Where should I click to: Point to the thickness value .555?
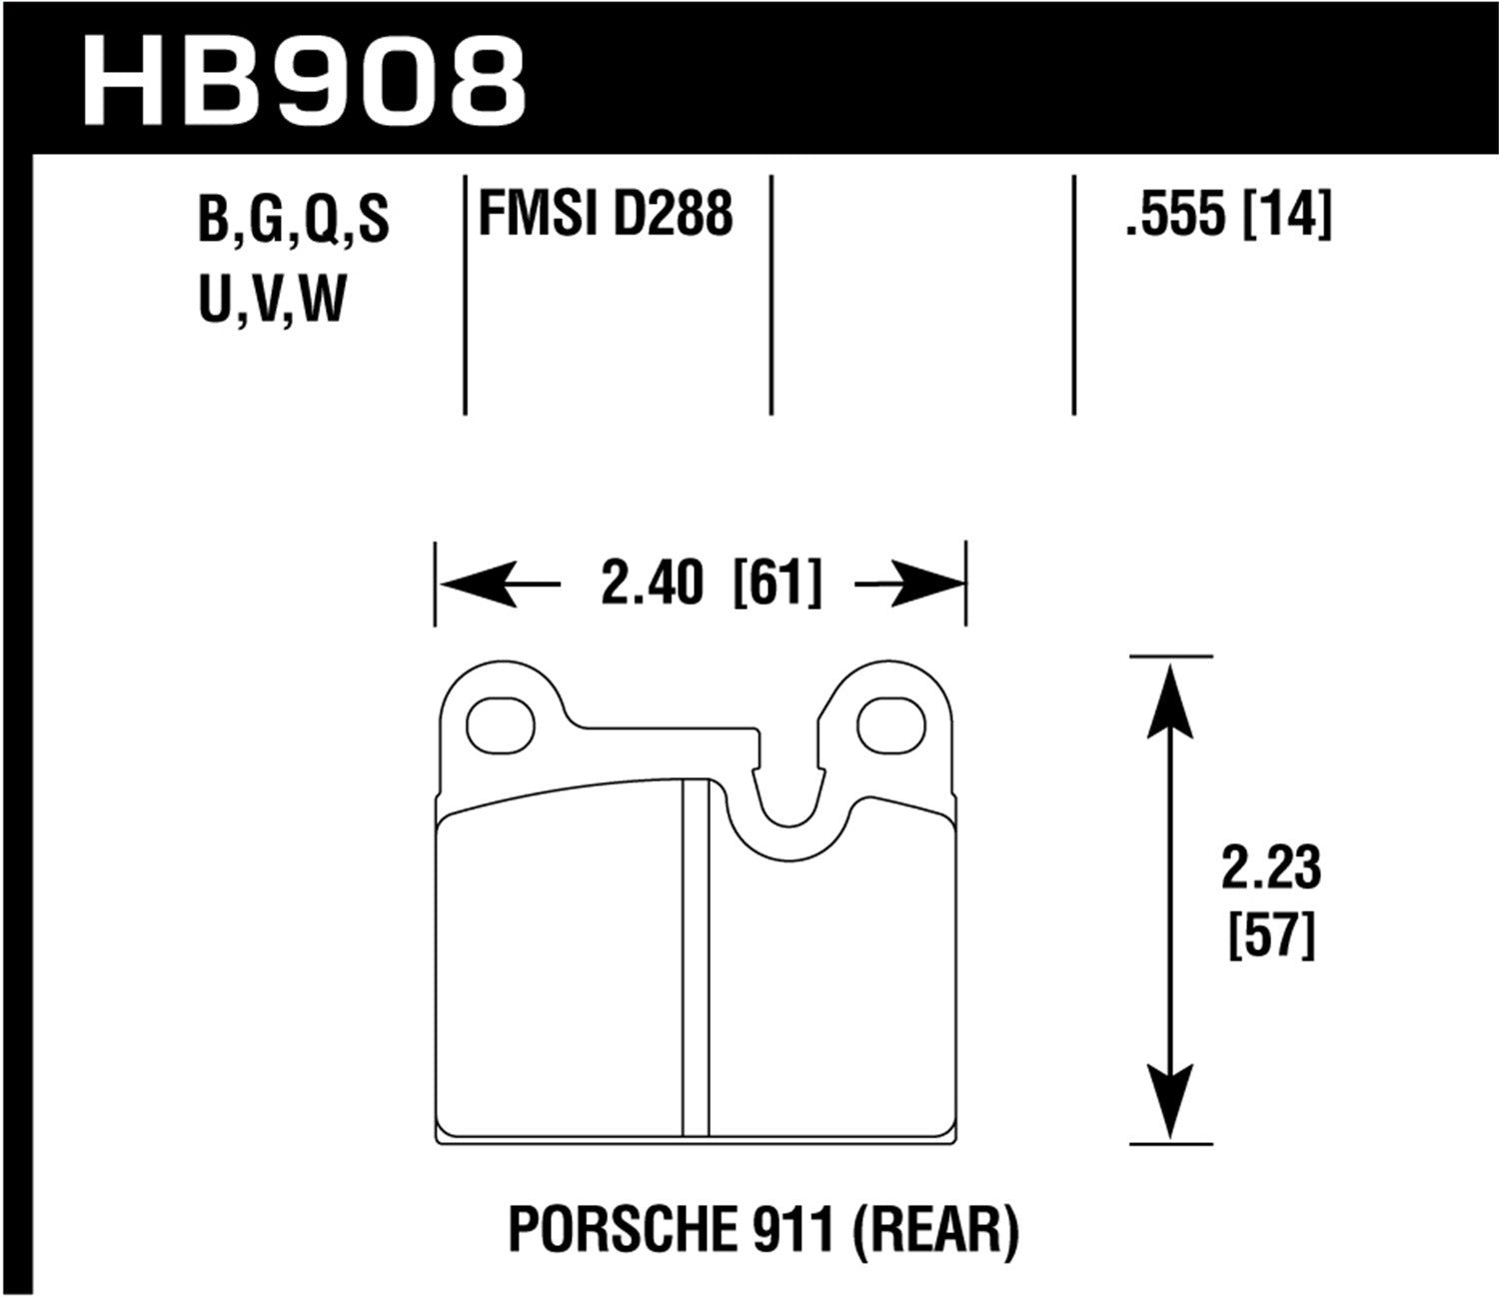click(x=1174, y=214)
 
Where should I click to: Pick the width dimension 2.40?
click(x=652, y=583)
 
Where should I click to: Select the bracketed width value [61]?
click(x=777, y=583)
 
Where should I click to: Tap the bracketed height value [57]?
click(x=1270, y=936)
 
